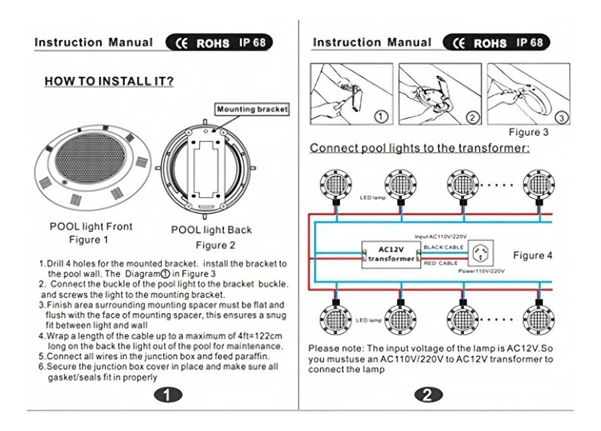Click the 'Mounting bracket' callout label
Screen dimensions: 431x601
click(252, 109)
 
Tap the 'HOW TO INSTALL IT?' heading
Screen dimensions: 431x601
click(109, 81)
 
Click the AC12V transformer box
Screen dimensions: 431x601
click(391, 254)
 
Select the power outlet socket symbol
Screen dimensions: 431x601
click(480, 254)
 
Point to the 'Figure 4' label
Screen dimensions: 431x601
click(532, 255)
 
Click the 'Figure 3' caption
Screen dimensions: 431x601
click(528, 132)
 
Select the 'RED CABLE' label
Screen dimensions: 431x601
click(441, 263)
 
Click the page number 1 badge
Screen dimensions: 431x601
click(167, 395)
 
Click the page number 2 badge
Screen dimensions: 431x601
click(428, 395)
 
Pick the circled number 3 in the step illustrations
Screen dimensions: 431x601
click(561, 118)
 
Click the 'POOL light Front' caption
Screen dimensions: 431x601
click(91, 227)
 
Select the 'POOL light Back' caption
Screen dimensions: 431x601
click(211, 230)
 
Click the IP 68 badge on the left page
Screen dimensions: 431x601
click(252, 43)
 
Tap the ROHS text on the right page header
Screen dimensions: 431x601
click(490, 43)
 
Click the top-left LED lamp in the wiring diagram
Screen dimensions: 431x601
click(336, 184)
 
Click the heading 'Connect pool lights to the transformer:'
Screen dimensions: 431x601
click(420, 148)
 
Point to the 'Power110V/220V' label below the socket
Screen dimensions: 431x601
click(481, 271)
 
